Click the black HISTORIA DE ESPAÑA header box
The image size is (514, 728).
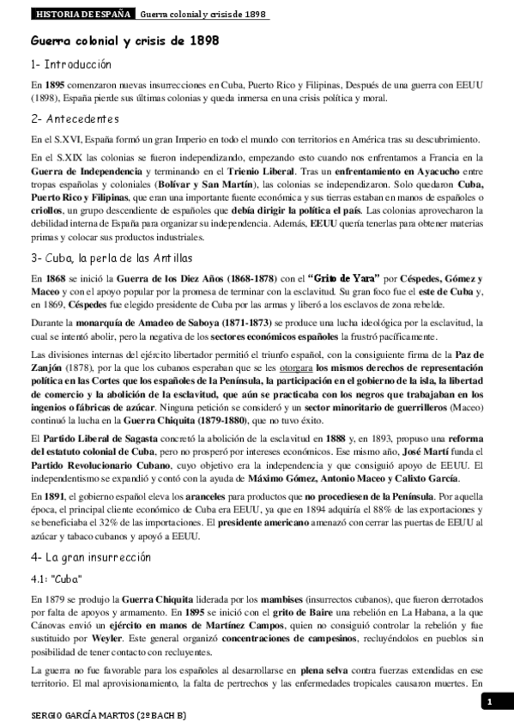click(x=82, y=15)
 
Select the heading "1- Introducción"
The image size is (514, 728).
click(x=70, y=64)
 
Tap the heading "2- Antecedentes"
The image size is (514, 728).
click(x=74, y=118)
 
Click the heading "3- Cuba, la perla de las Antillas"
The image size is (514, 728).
click(x=112, y=258)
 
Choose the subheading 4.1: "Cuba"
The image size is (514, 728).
click(x=55, y=578)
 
